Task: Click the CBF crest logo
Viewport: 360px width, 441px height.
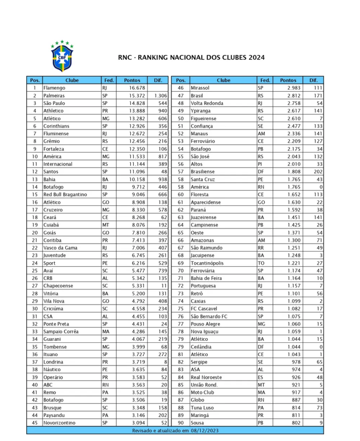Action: click(x=62, y=56)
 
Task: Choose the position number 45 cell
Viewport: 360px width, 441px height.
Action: click(x=34, y=423)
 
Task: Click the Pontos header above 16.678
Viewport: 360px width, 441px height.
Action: click(x=132, y=80)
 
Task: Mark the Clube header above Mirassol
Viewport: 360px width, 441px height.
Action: click(x=223, y=80)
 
